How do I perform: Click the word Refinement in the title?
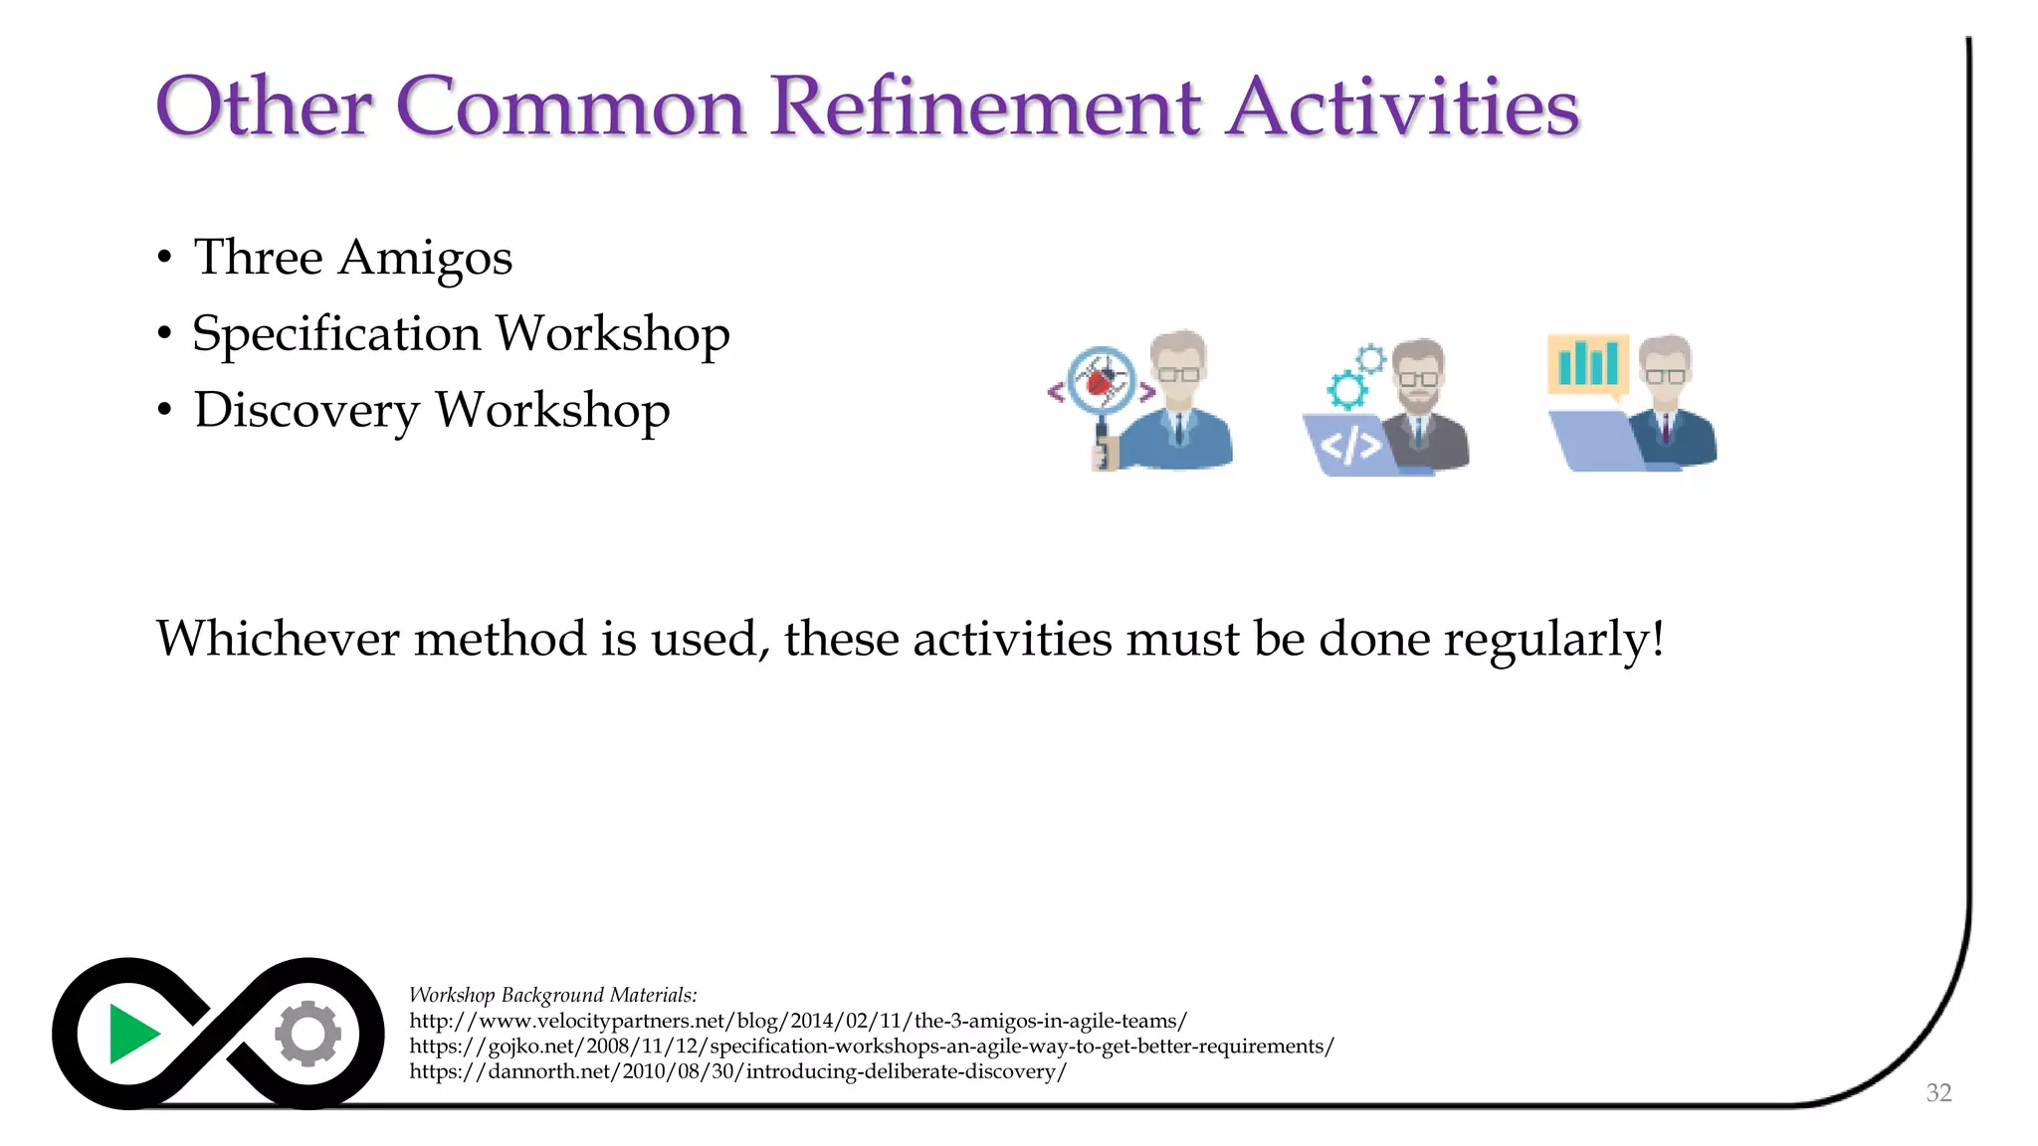985,107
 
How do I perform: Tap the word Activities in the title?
1402,107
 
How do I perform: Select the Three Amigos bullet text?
352,258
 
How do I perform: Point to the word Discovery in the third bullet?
306,410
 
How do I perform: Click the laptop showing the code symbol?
1349,445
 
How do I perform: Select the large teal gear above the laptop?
1347,389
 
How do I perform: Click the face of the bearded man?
1418,377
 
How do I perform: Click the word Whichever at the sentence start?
278,639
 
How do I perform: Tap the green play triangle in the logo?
132,1034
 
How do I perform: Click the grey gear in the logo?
308,1034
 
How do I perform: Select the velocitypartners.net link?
797,1021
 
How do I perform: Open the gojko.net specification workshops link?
871,1047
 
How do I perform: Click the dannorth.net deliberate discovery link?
737,1072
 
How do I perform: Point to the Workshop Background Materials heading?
553,995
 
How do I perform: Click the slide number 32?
1937,1093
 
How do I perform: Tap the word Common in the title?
571,107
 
